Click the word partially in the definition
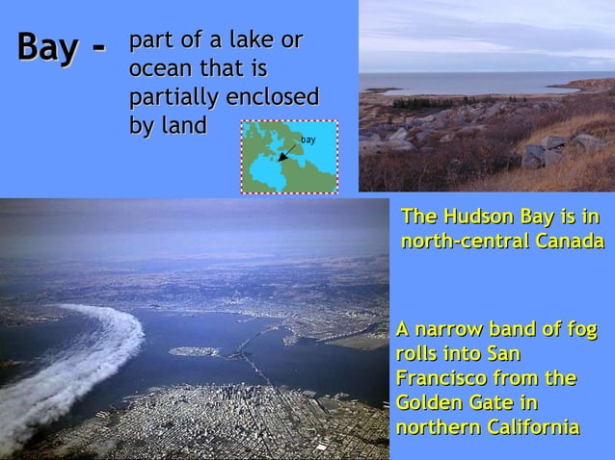click(x=174, y=99)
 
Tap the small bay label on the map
click(x=308, y=141)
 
